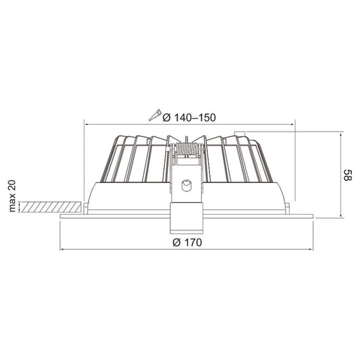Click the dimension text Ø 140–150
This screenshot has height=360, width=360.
click(191, 117)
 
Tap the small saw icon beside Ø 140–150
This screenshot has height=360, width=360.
click(157, 115)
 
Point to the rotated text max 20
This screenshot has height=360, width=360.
click(11, 195)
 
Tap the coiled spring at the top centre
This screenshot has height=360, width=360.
click(187, 145)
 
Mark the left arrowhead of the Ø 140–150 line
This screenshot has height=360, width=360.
click(86, 124)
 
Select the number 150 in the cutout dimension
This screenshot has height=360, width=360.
click(207, 117)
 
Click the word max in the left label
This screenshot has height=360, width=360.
click(11, 203)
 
